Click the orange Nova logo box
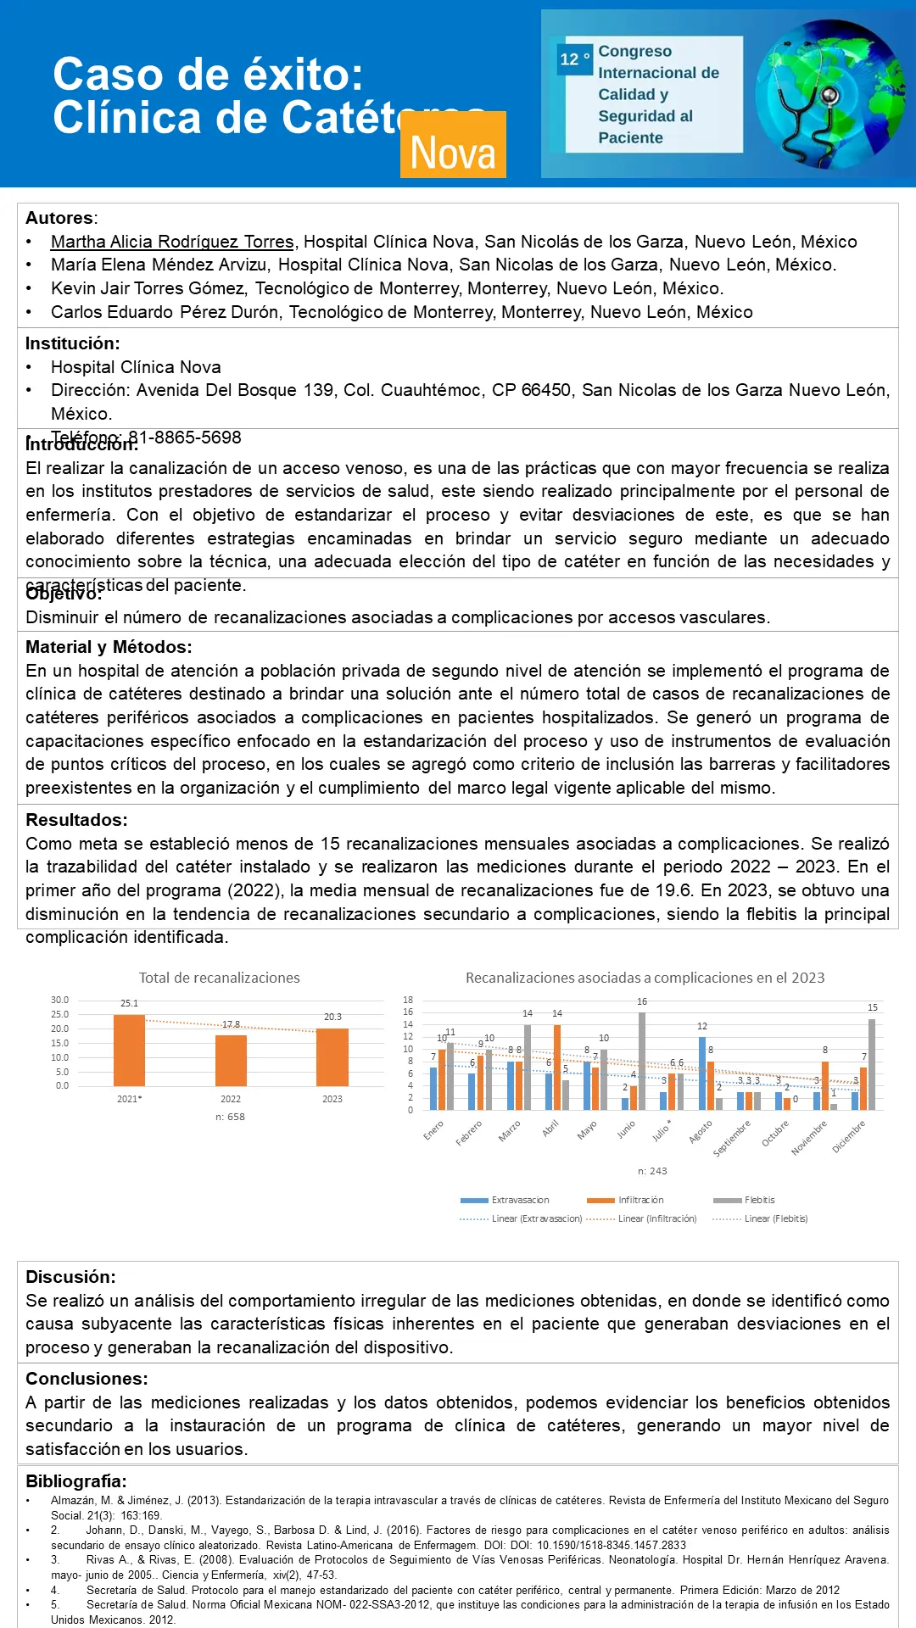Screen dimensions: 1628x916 [453, 145]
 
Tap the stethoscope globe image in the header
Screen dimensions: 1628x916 [829, 94]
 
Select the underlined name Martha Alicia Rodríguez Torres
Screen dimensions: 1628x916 [172, 242]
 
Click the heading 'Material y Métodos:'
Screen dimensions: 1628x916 [109, 647]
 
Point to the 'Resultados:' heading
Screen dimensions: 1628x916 [76, 820]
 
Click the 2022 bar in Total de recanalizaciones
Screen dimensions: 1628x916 [231, 1060]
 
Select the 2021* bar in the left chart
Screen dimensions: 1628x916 [129, 1050]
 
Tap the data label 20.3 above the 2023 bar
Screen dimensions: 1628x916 [332, 1017]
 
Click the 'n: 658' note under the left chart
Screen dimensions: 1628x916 [230, 1117]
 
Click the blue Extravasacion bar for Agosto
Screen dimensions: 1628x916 [702, 1073]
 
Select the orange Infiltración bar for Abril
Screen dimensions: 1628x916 [557, 1067]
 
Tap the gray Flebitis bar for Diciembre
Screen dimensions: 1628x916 [872, 1064]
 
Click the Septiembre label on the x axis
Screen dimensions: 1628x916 [732, 1139]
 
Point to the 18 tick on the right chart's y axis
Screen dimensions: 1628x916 [408, 1000]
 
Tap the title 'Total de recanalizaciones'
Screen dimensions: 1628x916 [220, 978]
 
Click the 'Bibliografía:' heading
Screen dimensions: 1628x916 [75, 1481]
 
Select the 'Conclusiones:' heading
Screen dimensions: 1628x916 [87, 1379]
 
